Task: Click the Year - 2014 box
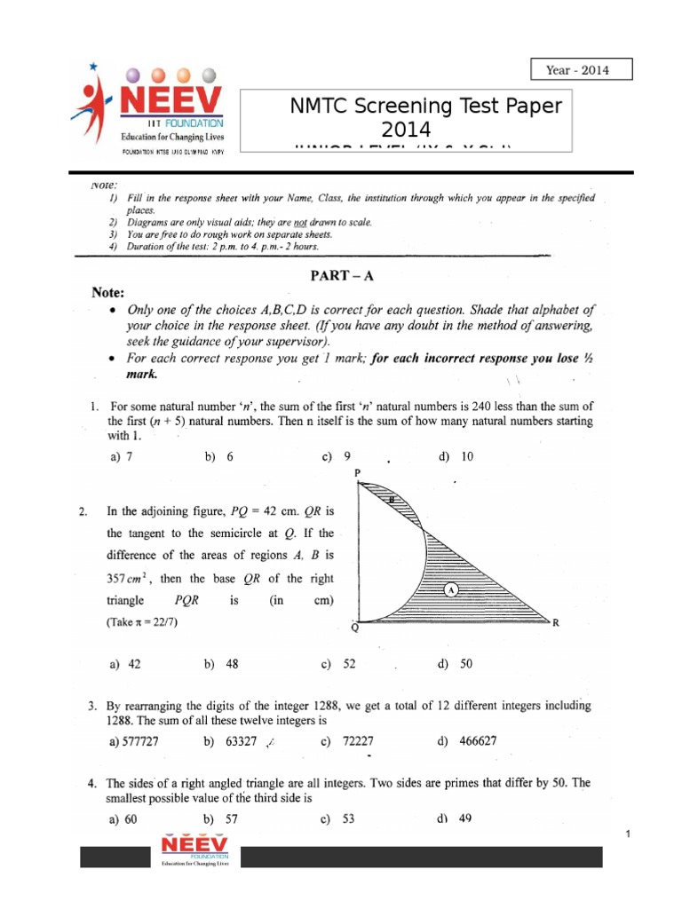[x=581, y=70]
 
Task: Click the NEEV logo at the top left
[x=150, y=105]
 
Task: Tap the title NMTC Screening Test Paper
[x=426, y=107]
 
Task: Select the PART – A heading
[x=341, y=276]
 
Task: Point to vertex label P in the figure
[x=357, y=474]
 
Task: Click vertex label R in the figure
[x=556, y=623]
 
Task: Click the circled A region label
[x=452, y=589]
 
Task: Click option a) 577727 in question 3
[x=137, y=739]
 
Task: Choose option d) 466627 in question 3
[x=467, y=739]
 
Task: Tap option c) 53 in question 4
[x=338, y=819]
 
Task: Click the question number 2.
[x=83, y=511]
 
